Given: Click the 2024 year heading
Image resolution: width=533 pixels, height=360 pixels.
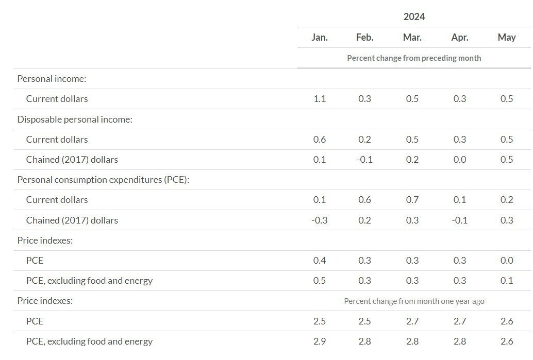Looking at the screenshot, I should tap(414, 16).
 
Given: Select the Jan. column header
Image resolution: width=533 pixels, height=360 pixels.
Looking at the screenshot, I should tap(320, 37).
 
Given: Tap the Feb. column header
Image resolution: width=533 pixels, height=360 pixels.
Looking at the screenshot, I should tap(364, 37).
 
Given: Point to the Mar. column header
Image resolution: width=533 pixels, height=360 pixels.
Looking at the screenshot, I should tap(412, 37).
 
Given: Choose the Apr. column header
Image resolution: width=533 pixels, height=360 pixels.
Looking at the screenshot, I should tap(459, 37).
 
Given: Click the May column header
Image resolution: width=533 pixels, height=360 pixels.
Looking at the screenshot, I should tap(507, 37).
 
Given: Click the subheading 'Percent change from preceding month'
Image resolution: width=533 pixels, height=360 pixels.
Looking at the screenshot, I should tap(414, 58).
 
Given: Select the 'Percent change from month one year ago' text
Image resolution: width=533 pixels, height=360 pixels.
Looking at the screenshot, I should tap(414, 301).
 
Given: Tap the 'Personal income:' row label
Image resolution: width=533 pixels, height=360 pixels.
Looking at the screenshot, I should tap(52, 78).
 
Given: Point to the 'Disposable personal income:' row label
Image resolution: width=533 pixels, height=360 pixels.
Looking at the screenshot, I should tap(75, 119).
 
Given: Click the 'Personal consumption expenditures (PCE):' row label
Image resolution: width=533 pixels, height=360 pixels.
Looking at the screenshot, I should tap(103, 180).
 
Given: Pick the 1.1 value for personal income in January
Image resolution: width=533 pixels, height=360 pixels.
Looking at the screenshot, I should tap(320, 98).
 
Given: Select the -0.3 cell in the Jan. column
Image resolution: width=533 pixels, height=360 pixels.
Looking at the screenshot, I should tap(320, 220).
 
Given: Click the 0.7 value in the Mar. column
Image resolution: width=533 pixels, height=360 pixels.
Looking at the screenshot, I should tap(412, 200).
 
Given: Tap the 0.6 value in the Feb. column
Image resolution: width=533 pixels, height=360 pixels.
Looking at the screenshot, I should tap(364, 200).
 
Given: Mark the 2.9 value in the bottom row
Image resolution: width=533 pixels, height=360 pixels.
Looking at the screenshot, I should tap(320, 341).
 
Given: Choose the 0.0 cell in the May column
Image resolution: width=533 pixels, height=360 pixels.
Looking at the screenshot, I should tap(507, 260).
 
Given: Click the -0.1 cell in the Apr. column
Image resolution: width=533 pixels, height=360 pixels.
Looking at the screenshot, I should tap(459, 220).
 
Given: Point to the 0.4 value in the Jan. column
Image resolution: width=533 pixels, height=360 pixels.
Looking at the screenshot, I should tap(320, 260).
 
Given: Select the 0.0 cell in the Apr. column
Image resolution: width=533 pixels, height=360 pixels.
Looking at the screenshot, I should tap(459, 159).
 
